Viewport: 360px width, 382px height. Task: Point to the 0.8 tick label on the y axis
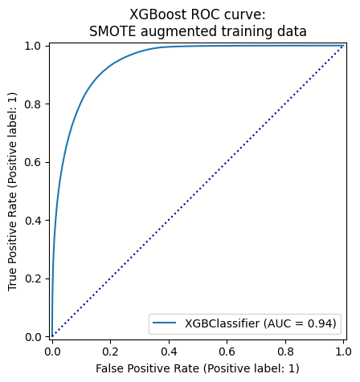(33, 104)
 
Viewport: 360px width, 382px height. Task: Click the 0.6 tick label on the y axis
(33, 162)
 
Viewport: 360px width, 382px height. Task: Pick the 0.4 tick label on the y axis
(33, 221)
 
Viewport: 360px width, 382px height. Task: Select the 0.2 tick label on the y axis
(33, 278)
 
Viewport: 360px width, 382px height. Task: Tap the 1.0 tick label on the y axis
(33, 46)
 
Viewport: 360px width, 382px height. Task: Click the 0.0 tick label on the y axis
(33, 337)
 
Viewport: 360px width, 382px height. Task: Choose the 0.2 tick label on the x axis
(111, 352)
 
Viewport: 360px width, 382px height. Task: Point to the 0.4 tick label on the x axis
(169, 352)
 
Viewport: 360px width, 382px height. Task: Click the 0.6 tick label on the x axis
(227, 352)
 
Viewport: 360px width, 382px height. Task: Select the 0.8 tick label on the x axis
(285, 352)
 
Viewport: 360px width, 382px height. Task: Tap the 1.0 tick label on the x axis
(344, 352)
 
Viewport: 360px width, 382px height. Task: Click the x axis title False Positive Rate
(148, 368)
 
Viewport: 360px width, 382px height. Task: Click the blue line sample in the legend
(165, 323)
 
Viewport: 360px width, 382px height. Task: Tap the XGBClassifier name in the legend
(223, 323)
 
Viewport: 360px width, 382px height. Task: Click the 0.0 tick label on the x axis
(52, 352)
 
